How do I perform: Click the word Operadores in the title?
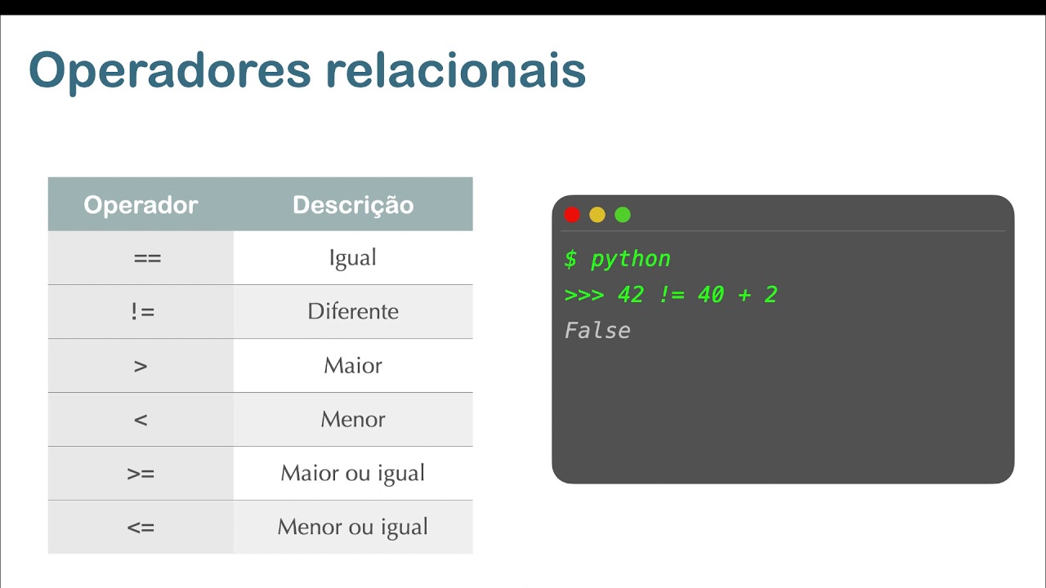pos(170,71)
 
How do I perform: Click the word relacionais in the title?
pos(455,71)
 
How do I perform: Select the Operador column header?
pos(141,204)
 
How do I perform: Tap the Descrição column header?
pos(353,204)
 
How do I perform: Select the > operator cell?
pos(141,366)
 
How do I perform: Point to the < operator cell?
pos(141,420)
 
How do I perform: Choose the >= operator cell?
pos(141,474)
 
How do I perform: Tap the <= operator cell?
pos(141,528)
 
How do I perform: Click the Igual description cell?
pos(353,258)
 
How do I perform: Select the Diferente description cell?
pos(353,312)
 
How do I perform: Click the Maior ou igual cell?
pos(353,474)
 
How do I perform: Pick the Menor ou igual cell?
pos(353,528)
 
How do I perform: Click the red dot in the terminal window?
pos(572,215)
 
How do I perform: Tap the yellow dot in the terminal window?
pos(597,215)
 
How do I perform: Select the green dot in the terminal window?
pos(623,215)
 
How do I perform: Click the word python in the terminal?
pos(630,260)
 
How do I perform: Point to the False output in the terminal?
pos(597,331)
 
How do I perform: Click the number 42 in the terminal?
pos(631,295)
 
